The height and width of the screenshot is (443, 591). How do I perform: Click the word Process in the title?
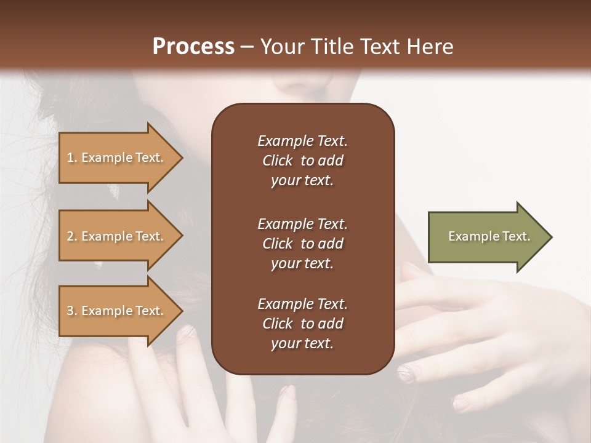tap(193, 47)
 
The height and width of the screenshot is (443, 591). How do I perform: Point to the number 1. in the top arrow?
tap(72, 158)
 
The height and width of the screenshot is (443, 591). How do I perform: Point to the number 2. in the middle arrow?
tap(72, 236)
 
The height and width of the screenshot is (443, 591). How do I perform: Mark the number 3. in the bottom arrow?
tap(72, 311)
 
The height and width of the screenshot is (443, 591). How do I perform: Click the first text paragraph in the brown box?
tap(302, 161)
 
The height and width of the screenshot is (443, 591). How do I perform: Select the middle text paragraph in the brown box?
tap(302, 244)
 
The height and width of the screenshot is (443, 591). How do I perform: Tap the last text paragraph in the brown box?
tap(302, 324)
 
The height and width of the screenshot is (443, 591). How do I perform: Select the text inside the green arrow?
tap(489, 236)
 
